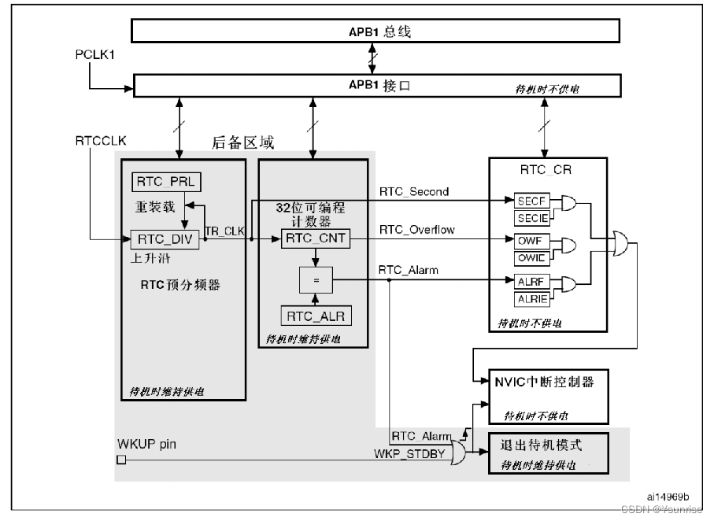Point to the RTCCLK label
(x=101, y=141)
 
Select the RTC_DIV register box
(x=165, y=238)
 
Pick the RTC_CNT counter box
(x=314, y=238)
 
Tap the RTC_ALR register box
(x=316, y=316)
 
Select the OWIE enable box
(x=531, y=257)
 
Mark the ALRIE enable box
(x=531, y=298)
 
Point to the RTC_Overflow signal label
(x=416, y=231)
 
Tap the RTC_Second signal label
(x=414, y=191)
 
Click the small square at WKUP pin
(x=120, y=460)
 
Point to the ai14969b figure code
(x=668, y=497)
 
